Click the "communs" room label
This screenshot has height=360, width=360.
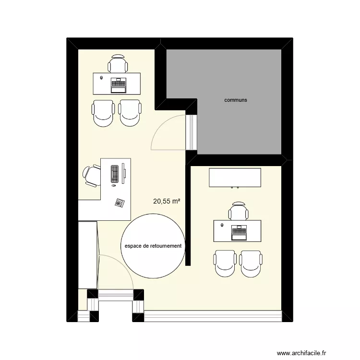235,100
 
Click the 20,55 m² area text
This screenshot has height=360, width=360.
167,202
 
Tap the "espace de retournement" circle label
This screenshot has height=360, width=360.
153,246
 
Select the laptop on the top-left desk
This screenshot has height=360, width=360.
118,85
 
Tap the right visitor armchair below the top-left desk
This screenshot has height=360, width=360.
130,113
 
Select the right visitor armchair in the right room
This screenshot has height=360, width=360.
251,264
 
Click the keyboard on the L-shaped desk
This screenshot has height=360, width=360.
115,173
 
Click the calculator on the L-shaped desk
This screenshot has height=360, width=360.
119,203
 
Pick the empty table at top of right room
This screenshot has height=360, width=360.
235,178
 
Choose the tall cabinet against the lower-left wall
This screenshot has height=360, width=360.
88,255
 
